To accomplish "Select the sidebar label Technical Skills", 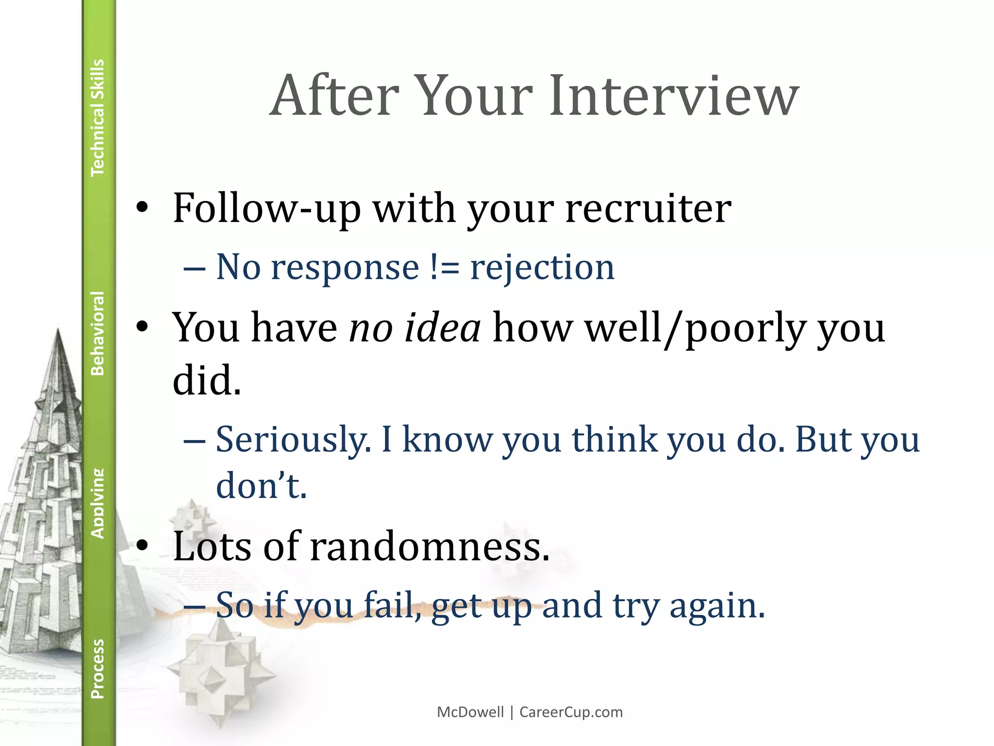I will coord(98,118).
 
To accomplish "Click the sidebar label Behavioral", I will coord(98,333).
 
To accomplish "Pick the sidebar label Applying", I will coord(98,503).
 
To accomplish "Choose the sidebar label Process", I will coord(98,669).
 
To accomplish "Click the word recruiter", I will coord(648,209).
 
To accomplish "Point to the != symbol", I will coord(444,268).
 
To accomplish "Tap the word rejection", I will coord(542,269).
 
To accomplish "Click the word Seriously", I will coord(293,440).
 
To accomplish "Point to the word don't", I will coord(261,486).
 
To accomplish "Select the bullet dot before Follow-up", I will coord(142,208).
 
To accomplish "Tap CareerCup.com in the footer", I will coord(571,712).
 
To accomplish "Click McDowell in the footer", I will coord(470,712).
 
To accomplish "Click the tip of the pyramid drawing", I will coord(58,330).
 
